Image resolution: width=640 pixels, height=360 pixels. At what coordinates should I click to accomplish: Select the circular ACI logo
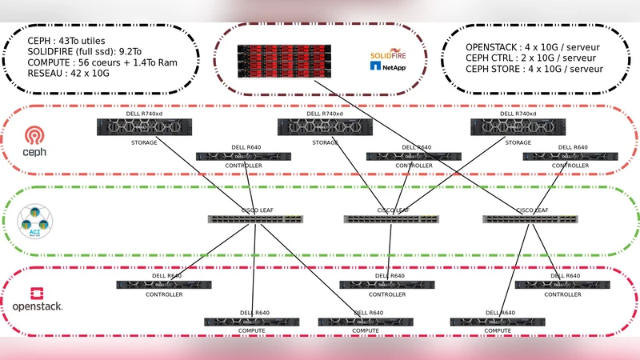coord(35,221)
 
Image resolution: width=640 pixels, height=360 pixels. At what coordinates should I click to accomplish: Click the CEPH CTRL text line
coord(530,58)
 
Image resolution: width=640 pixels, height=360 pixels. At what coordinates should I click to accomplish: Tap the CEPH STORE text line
coord(534,69)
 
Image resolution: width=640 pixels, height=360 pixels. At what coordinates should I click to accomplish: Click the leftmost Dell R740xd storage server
coord(145,126)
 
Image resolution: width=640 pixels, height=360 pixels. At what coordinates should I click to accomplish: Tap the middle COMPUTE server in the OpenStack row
coord(366,322)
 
